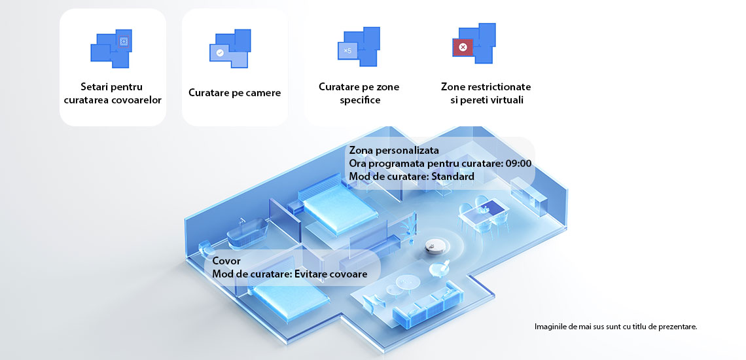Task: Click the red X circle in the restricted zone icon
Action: [x=462, y=47]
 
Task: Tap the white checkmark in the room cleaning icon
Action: [x=220, y=53]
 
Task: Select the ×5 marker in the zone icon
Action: [x=347, y=50]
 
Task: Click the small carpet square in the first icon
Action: [x=124, y=42]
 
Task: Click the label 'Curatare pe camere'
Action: [x=234, y=92]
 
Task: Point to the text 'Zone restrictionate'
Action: [x=486, y=87]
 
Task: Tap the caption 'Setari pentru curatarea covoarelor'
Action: [x=113, y=94]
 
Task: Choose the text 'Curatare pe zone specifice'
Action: [x=359, y=94]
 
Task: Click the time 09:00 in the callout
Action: [x=519, y=164]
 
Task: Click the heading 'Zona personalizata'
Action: [x=394, y=151]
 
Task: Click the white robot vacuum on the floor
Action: [x=437, y=245]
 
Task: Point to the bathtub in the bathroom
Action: [x=247, y=233]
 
